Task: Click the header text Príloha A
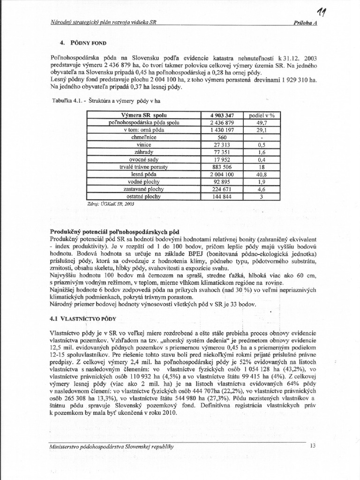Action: click(305, 23)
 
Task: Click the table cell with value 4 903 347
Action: click(220, 114)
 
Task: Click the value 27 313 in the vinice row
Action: click(220, 145)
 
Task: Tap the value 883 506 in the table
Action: click(220, 167)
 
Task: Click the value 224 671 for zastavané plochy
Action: click(220, 189)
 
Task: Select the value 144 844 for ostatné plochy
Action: click(220, 197)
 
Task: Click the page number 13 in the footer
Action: click(314, 446)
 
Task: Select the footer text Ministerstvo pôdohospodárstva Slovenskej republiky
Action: click(112, 447)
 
